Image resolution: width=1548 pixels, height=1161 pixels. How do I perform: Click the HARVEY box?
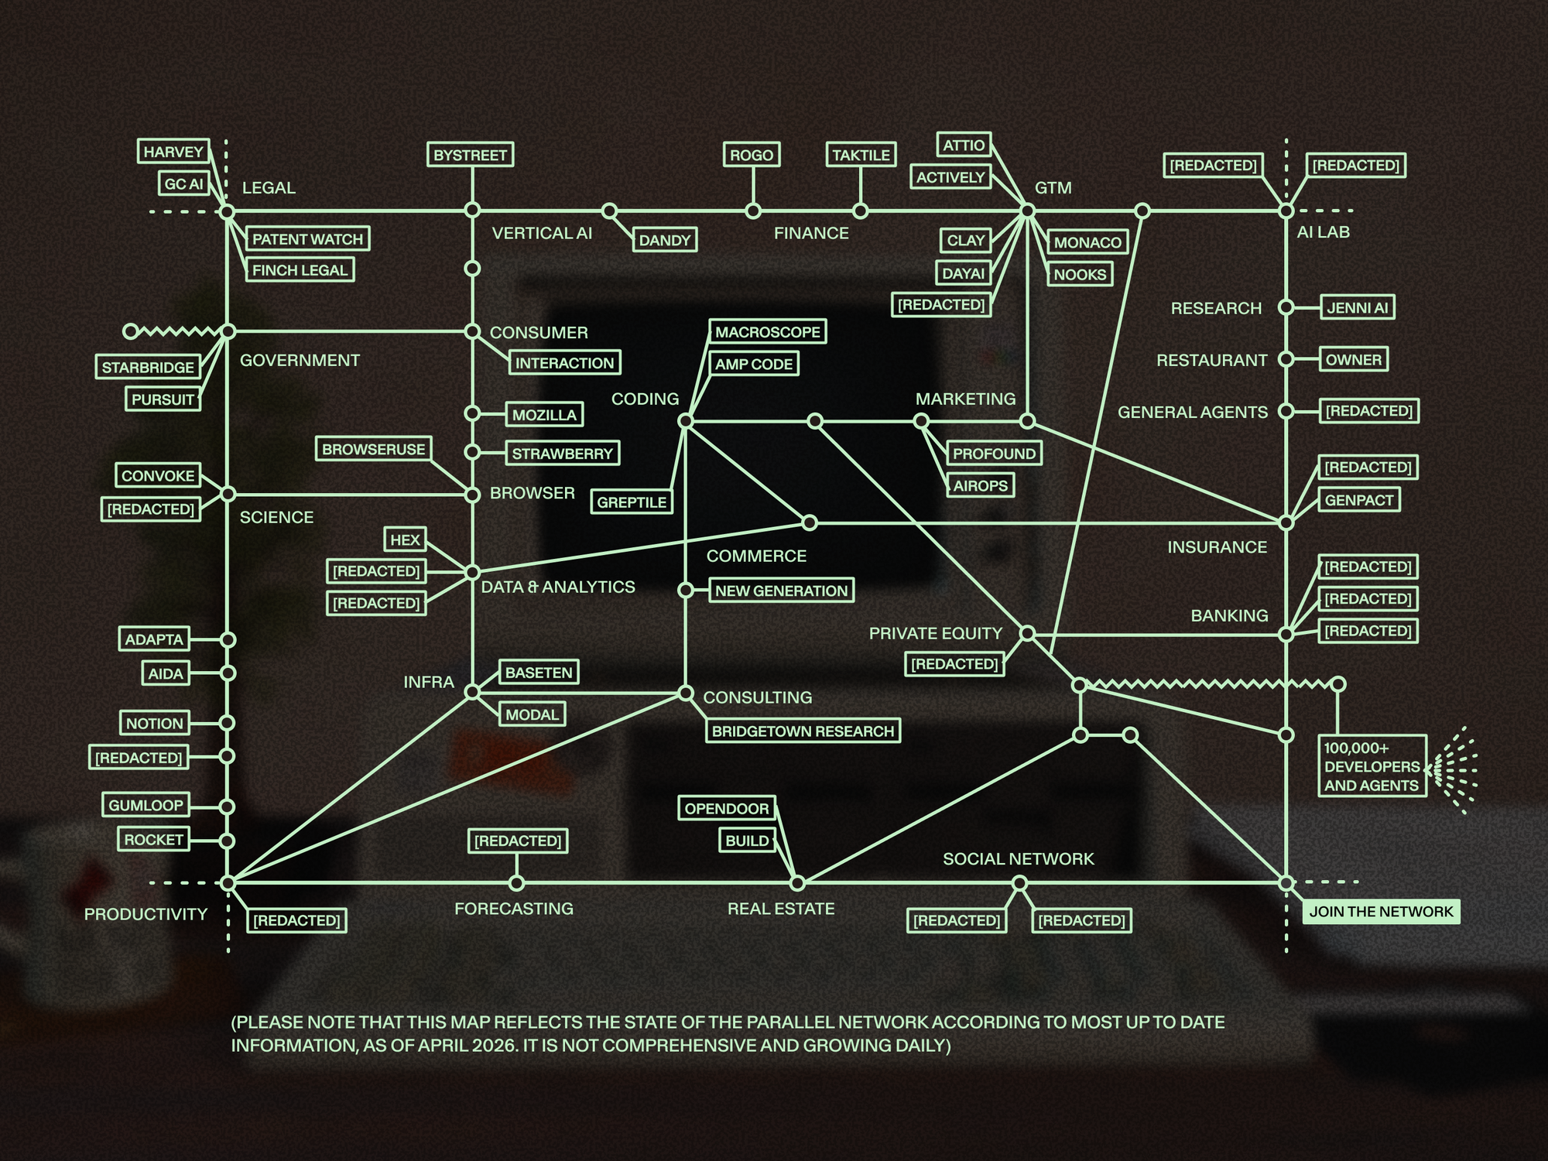coord(173,152)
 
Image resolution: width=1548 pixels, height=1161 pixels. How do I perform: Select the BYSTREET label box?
coord(471,155)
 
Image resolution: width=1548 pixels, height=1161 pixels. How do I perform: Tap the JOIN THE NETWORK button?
coord(1381,911)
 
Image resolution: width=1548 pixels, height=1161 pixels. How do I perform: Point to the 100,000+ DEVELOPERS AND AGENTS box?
coord(1372,766)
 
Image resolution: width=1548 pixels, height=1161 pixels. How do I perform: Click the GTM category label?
coord(1053,187)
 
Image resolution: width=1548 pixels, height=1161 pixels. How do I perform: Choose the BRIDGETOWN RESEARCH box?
coord(803,731)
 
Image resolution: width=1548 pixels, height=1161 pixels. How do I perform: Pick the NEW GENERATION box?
coord(781,591)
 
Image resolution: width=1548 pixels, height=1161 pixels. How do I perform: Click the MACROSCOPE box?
coord(768,332)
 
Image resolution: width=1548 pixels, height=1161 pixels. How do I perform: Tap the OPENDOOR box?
coord(727,808)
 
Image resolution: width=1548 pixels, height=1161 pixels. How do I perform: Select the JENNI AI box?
coord(1358,307)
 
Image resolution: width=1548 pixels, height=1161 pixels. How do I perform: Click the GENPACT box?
coord(1359,500)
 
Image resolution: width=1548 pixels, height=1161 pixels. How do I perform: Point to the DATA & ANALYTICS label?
coord(558,587)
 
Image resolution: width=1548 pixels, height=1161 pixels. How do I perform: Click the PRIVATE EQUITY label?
coord(935,633)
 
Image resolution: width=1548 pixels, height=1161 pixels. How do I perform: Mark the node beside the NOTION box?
coord(227,723)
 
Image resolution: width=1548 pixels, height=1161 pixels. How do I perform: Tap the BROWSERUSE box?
coord(374,449)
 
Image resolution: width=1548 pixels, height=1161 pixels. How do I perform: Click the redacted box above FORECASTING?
coord(518,841)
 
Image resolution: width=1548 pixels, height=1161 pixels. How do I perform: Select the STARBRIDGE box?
coord(148,367)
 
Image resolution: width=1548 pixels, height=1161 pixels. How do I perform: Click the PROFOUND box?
coord(994,454)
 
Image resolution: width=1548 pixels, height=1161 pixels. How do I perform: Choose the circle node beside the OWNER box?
coord(1286,359)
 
